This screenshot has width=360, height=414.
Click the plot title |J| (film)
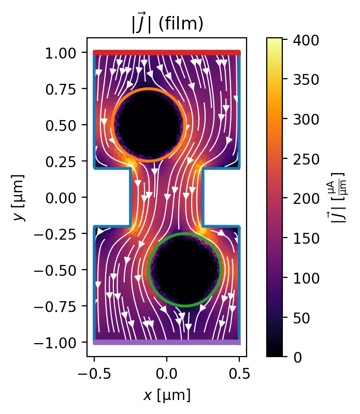coord(168,23)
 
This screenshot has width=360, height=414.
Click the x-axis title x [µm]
coord(167,395)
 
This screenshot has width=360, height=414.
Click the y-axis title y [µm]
coord(19,198)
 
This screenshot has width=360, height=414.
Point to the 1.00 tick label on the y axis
coord(61,53)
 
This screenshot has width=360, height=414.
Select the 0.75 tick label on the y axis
coord(61,89)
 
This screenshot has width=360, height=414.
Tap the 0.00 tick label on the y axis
coord(61,198)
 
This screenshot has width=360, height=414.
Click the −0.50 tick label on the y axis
coord(55,270)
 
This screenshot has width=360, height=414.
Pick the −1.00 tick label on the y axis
coord(55,343)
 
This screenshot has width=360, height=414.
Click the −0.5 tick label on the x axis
coord(94,374)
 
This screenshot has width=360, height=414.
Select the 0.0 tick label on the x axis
coord(167,374)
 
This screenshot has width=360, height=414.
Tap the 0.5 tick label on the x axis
coord(239,374)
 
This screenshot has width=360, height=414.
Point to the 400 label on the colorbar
coord(306,40)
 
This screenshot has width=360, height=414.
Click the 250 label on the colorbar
coord(306,159)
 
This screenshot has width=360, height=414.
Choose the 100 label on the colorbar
coord(306,278)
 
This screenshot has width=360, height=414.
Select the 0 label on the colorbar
coord(298,358)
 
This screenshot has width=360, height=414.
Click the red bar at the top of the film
coord(167,53)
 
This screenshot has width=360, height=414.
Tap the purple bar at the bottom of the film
coord(167,342)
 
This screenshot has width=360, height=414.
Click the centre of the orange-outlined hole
coord(149,125)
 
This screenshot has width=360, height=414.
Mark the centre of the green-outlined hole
coord(185,270)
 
